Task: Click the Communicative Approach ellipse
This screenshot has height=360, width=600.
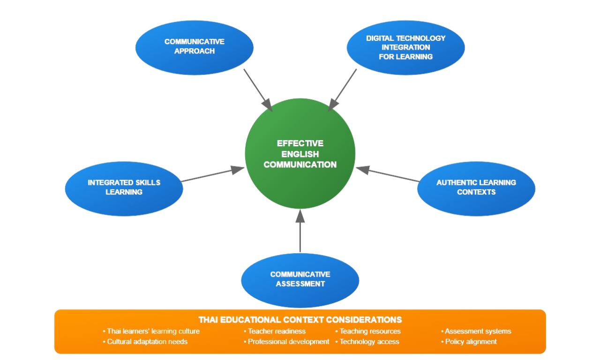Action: tap(195, 47)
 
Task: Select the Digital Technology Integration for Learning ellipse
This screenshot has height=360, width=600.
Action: tap(405, 47)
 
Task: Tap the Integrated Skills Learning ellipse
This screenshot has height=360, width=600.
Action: tap(124, 188)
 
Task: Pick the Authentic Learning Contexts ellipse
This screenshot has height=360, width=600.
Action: tap(476, 188)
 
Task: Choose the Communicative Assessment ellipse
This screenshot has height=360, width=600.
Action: tap(300, 279)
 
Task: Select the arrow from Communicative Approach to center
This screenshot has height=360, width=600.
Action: tap(257, 90)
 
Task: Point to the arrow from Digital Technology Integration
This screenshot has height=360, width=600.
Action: tap(343, 90)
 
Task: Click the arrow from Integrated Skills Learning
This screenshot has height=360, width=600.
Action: tap(213, 174)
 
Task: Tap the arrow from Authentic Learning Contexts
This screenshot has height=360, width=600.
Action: tap(387, 174)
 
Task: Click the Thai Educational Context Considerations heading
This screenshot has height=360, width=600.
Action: tap(300, 320)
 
